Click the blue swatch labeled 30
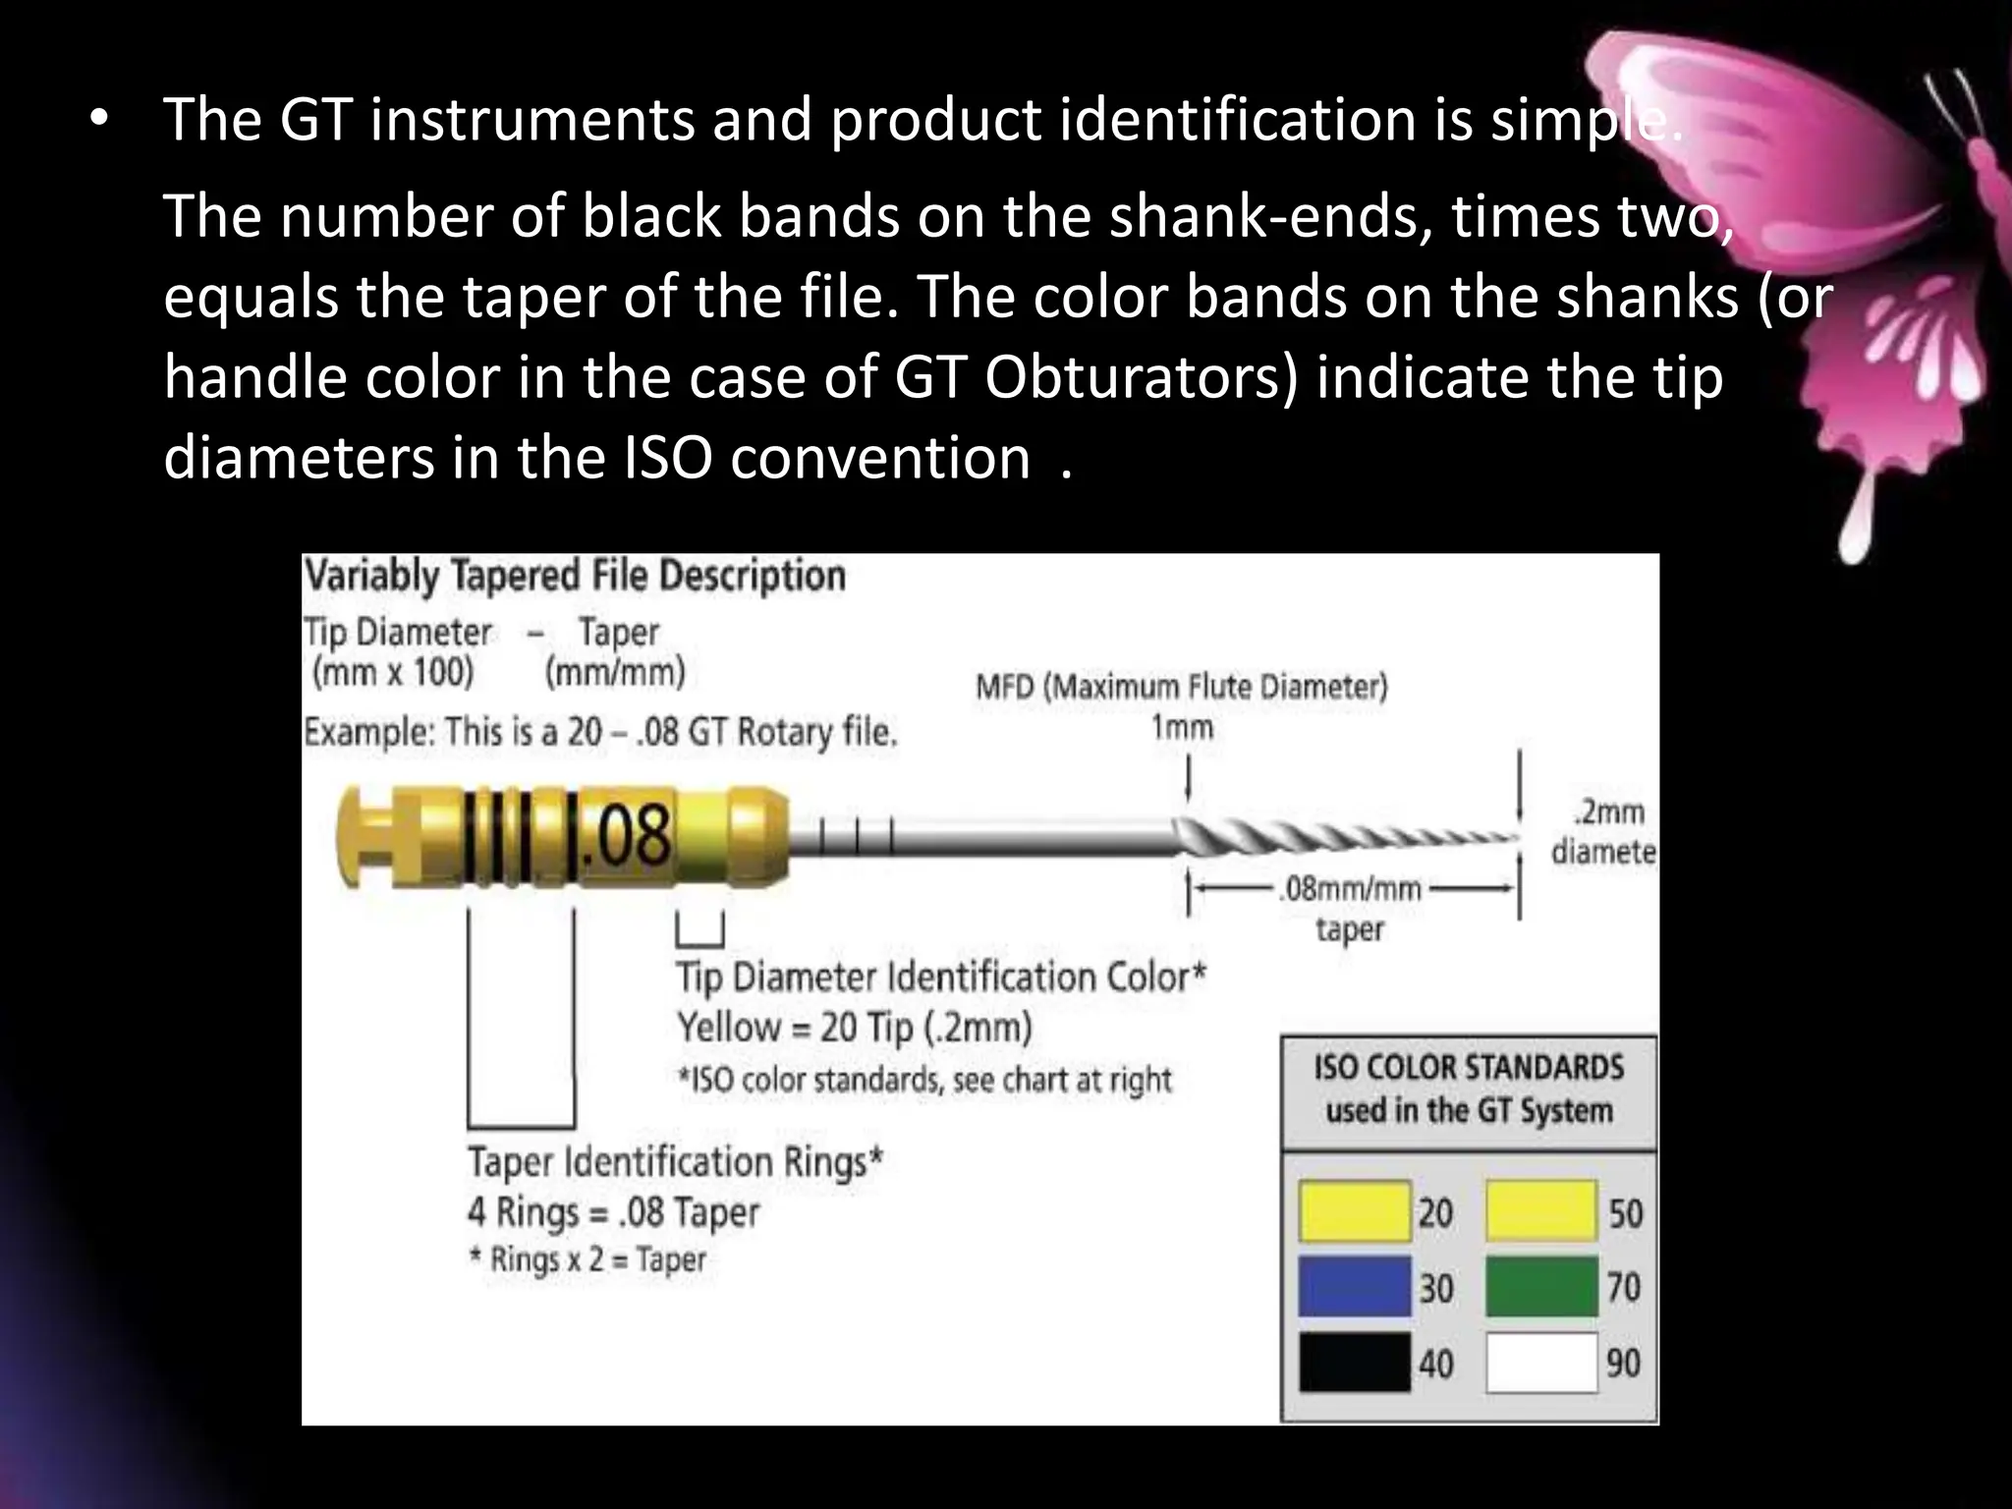[1354, 1286]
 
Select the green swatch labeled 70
[1540, 1286]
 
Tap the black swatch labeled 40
[1354, 1362]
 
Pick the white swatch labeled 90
[1540, 1362]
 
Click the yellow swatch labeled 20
[1354, 1211]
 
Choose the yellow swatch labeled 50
[1540, 1211]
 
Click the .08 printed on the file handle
[626, 835]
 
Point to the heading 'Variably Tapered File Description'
[575, 576]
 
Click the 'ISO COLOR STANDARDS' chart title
[1469, 1068]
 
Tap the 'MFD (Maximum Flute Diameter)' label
[1181, 687]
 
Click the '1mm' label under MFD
[1182, 728]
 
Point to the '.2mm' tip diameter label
[1609, 812]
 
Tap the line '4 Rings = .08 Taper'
[613, 1212]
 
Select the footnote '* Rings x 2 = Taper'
[587, 1259]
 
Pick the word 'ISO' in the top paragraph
[668, 458]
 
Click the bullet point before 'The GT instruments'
[99, 120]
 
